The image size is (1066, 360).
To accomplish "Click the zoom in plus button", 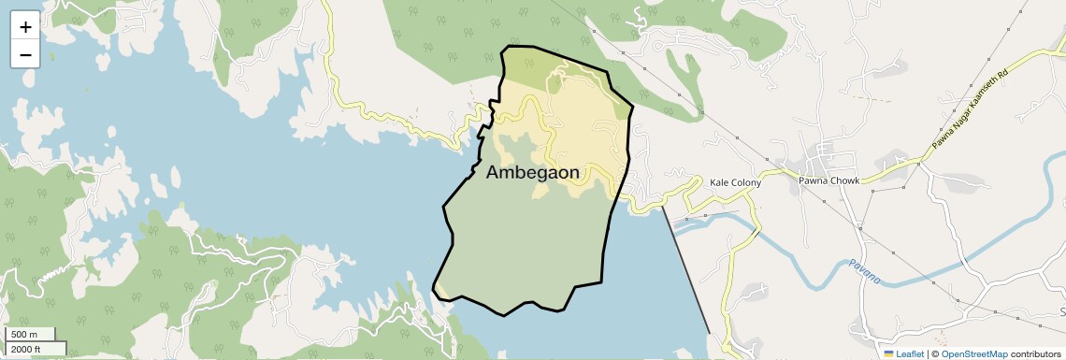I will coord(25,27).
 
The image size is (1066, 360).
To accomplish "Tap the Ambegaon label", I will coord(532,173).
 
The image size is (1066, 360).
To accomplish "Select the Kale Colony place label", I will coord(736,182).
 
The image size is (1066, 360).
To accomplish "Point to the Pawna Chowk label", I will coord(822,180).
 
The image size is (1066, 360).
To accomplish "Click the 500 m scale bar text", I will coord(25,335).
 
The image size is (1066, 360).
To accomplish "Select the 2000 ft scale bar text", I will coord(29,349).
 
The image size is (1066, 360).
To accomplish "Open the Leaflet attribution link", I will coord(910,354).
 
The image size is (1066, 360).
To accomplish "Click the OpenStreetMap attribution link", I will coord(973,354).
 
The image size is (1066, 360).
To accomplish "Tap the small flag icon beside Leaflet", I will coord(889,354).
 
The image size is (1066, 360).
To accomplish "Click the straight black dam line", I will coord(687,271).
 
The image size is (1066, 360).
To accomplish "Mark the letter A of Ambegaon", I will coord(494,173).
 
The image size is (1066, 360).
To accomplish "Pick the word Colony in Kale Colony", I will coord(746,182).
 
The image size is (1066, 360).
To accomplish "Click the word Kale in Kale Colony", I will coord(719,182).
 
